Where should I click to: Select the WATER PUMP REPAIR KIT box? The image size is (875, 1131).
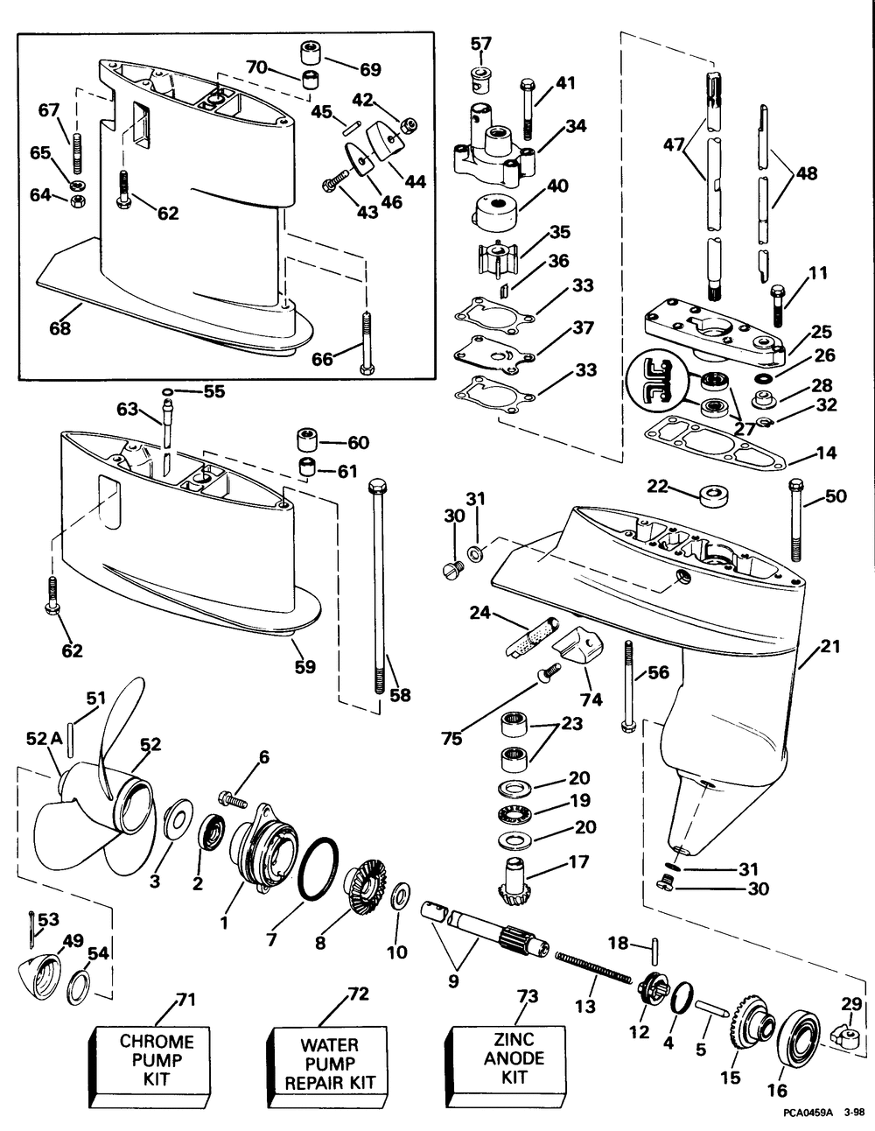point(328,1062)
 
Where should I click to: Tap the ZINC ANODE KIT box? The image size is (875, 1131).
point(506,1060)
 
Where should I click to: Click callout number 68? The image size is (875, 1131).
point(59,328)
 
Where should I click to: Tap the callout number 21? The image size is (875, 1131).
point(830,646)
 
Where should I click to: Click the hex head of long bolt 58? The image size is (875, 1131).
point(375,487)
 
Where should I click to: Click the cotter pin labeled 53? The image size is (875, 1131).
point(32,930)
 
